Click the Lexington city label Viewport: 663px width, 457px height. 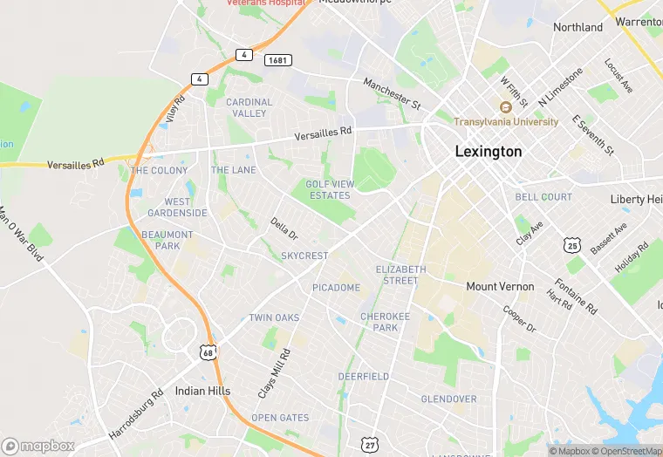489,152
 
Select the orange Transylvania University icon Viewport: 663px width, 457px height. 505,107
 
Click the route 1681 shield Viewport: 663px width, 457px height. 278,60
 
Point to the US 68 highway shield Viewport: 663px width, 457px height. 207,352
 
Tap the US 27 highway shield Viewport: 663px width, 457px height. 370,445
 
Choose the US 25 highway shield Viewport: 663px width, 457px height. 572,247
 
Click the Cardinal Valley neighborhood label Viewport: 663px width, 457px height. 249,108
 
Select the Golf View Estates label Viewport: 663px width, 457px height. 328,189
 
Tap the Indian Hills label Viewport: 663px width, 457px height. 202,391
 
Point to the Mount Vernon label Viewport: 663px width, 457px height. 500,287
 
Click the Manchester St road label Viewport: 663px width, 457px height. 392,92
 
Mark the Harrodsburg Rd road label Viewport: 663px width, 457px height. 136,413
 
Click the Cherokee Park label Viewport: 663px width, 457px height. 379,322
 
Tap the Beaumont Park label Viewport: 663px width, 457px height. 167,241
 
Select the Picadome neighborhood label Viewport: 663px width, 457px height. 336,288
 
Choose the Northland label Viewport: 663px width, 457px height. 578,27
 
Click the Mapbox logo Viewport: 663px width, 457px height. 38,446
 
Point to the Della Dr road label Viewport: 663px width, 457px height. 284,229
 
